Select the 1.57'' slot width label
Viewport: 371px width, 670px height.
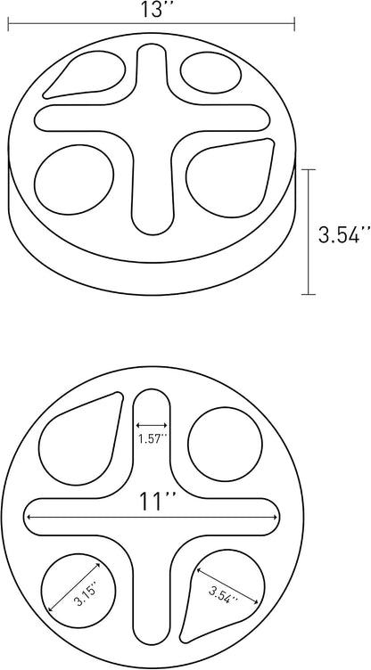[152, 439]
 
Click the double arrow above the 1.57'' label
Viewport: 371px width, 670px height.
[152, 425]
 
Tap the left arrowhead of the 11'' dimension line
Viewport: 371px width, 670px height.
[29, 518]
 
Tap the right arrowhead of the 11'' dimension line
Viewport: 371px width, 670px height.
[275, 518]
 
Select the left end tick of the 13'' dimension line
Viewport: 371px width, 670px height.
[8, 24]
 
